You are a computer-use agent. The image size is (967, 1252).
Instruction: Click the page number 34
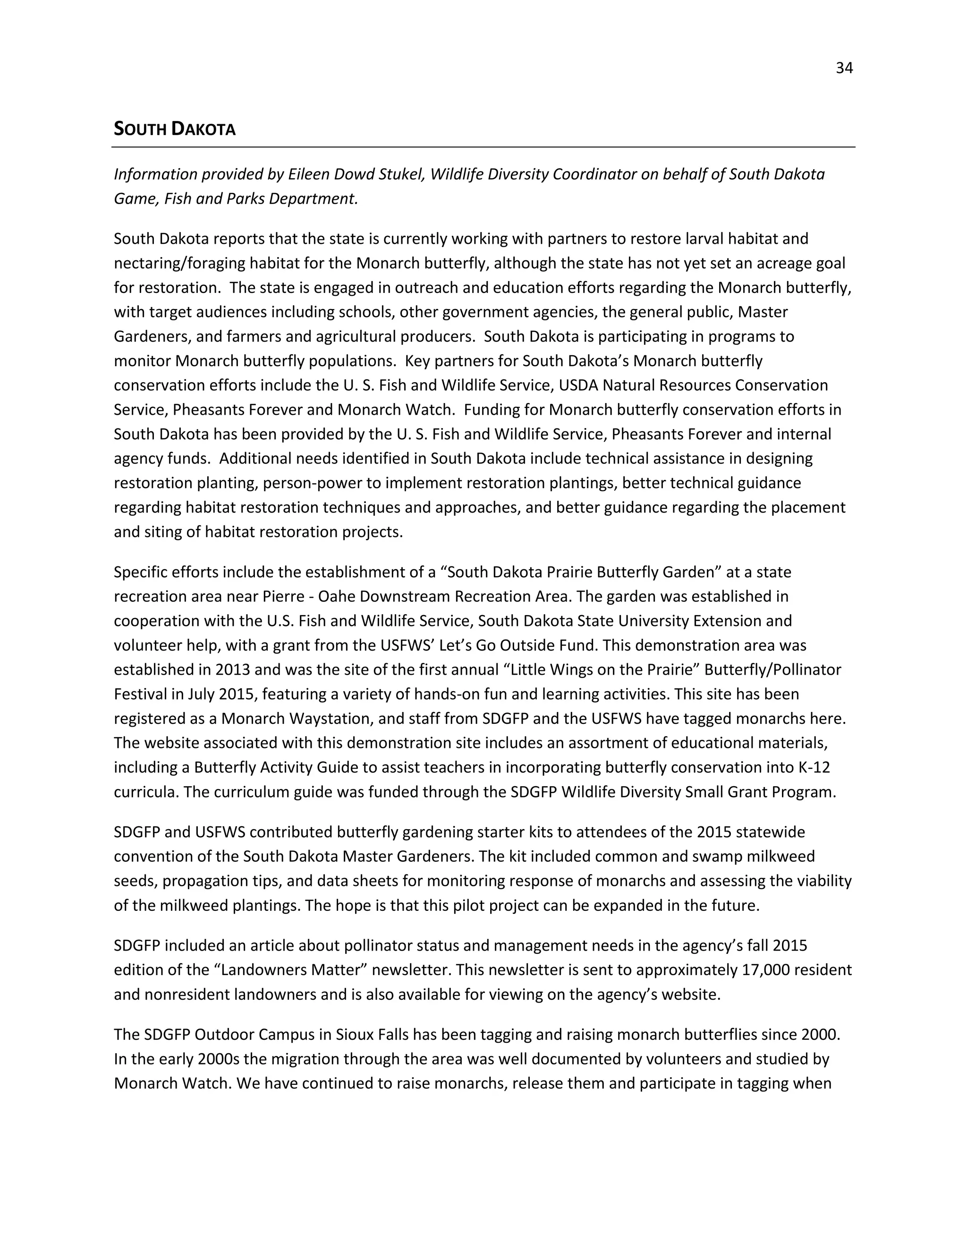click(844, 68)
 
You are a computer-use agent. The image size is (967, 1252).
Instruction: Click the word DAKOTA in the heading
click(204, 129)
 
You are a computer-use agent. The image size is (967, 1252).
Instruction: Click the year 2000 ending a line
click(820, 1035)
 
